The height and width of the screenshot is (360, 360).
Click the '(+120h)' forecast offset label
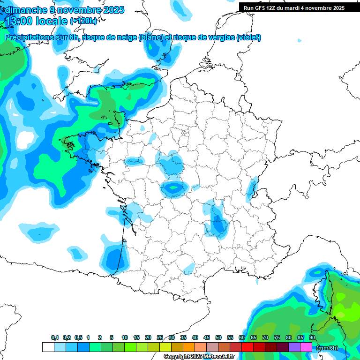point(83,21)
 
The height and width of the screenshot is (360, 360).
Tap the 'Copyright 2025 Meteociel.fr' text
point(199,357)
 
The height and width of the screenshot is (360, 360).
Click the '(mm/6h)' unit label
point(328,348)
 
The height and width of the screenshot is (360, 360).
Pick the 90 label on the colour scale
point(312,337)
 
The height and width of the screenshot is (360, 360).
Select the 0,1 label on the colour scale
point(55,337)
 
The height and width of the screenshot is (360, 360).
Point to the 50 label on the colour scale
point(218,337)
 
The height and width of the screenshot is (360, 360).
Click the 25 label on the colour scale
point(160,337)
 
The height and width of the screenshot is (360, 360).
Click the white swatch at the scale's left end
point(48,347)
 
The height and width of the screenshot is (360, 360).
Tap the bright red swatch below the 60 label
point(247,347)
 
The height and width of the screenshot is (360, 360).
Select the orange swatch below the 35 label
point(189,347)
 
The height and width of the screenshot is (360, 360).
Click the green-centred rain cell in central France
point(174,188)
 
